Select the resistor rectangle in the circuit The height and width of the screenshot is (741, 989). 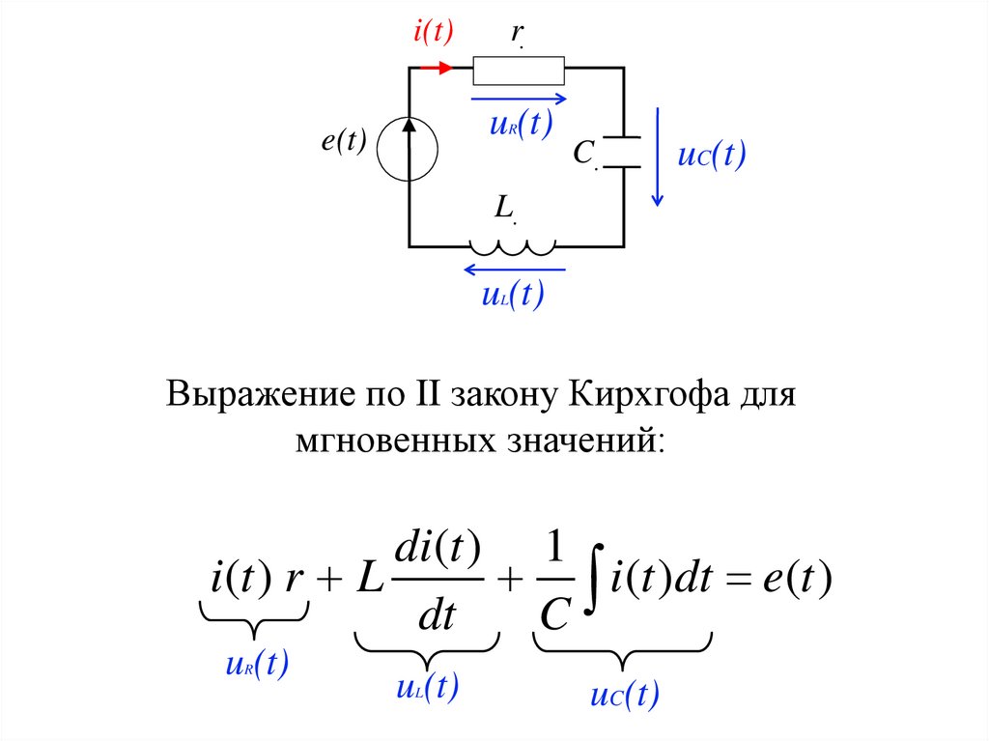pos(519,70)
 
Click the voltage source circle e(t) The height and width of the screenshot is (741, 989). pos(409,150)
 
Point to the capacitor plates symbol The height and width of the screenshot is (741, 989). pos(623,152)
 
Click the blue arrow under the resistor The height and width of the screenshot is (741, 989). pos(519,98)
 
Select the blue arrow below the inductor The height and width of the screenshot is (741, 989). pos(513,269)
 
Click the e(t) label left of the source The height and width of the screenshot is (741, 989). pos(344,141)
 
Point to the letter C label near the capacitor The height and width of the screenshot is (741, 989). pos(582,153)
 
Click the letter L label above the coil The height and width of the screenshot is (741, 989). pos(503,207)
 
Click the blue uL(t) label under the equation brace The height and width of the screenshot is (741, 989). pos(427,688)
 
